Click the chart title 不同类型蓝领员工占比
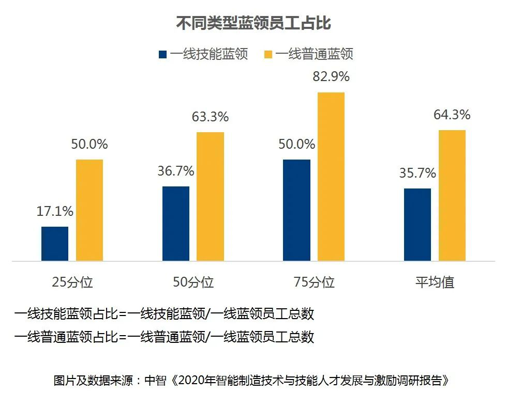coord(253,23)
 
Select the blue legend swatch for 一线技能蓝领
coord(163,54)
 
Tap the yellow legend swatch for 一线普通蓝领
coord(269,54)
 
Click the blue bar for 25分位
coord(55,244)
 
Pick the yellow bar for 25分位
coord(90,210)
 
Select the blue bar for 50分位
coord(176,224)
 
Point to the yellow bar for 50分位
coord(211,196)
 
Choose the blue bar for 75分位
coord(297,210)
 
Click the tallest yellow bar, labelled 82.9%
coord(331,177)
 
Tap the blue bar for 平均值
coord(417,225)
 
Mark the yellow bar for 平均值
coord(452,195)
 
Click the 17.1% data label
coord(55,211)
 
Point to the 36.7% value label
coord(176,171)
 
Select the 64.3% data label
coord(452,115)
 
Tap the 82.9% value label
coord(331,77)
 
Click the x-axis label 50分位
coord(193,282)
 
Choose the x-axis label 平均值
coord(435,282)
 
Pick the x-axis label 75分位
coord(314,282)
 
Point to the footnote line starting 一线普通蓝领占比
coord(165,337)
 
